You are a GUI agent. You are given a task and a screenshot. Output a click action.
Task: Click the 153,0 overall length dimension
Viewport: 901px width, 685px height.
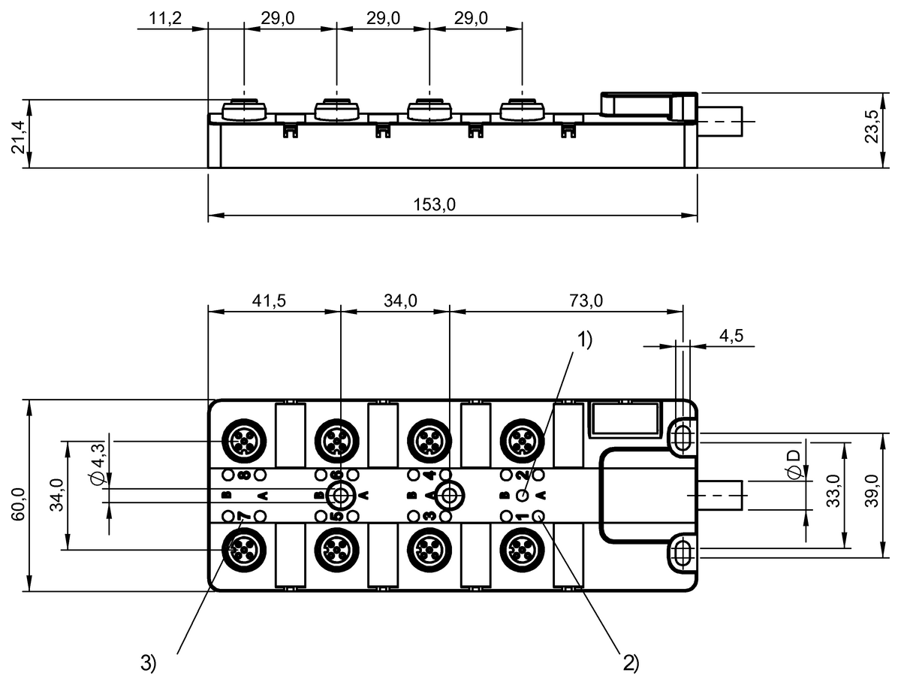point(434,204)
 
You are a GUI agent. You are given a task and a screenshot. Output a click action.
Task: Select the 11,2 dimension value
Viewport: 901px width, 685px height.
point(165,19)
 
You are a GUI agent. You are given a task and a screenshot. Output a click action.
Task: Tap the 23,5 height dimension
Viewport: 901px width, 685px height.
point(872,126)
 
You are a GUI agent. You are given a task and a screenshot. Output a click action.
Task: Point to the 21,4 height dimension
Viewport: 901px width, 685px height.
point(19,137)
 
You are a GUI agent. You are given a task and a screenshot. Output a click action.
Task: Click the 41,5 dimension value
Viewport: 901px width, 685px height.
point(269,301)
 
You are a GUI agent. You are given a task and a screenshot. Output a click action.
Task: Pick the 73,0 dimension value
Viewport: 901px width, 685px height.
point(586,301)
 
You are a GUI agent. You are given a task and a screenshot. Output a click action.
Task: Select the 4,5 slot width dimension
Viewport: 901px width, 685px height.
point(731,336)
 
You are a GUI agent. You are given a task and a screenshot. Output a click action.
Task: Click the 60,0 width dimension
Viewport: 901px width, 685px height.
point(19,505)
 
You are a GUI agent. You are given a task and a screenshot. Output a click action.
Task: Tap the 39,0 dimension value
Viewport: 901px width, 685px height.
point(872,491)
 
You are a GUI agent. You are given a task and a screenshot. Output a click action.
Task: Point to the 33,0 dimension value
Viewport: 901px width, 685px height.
point(833,491)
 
